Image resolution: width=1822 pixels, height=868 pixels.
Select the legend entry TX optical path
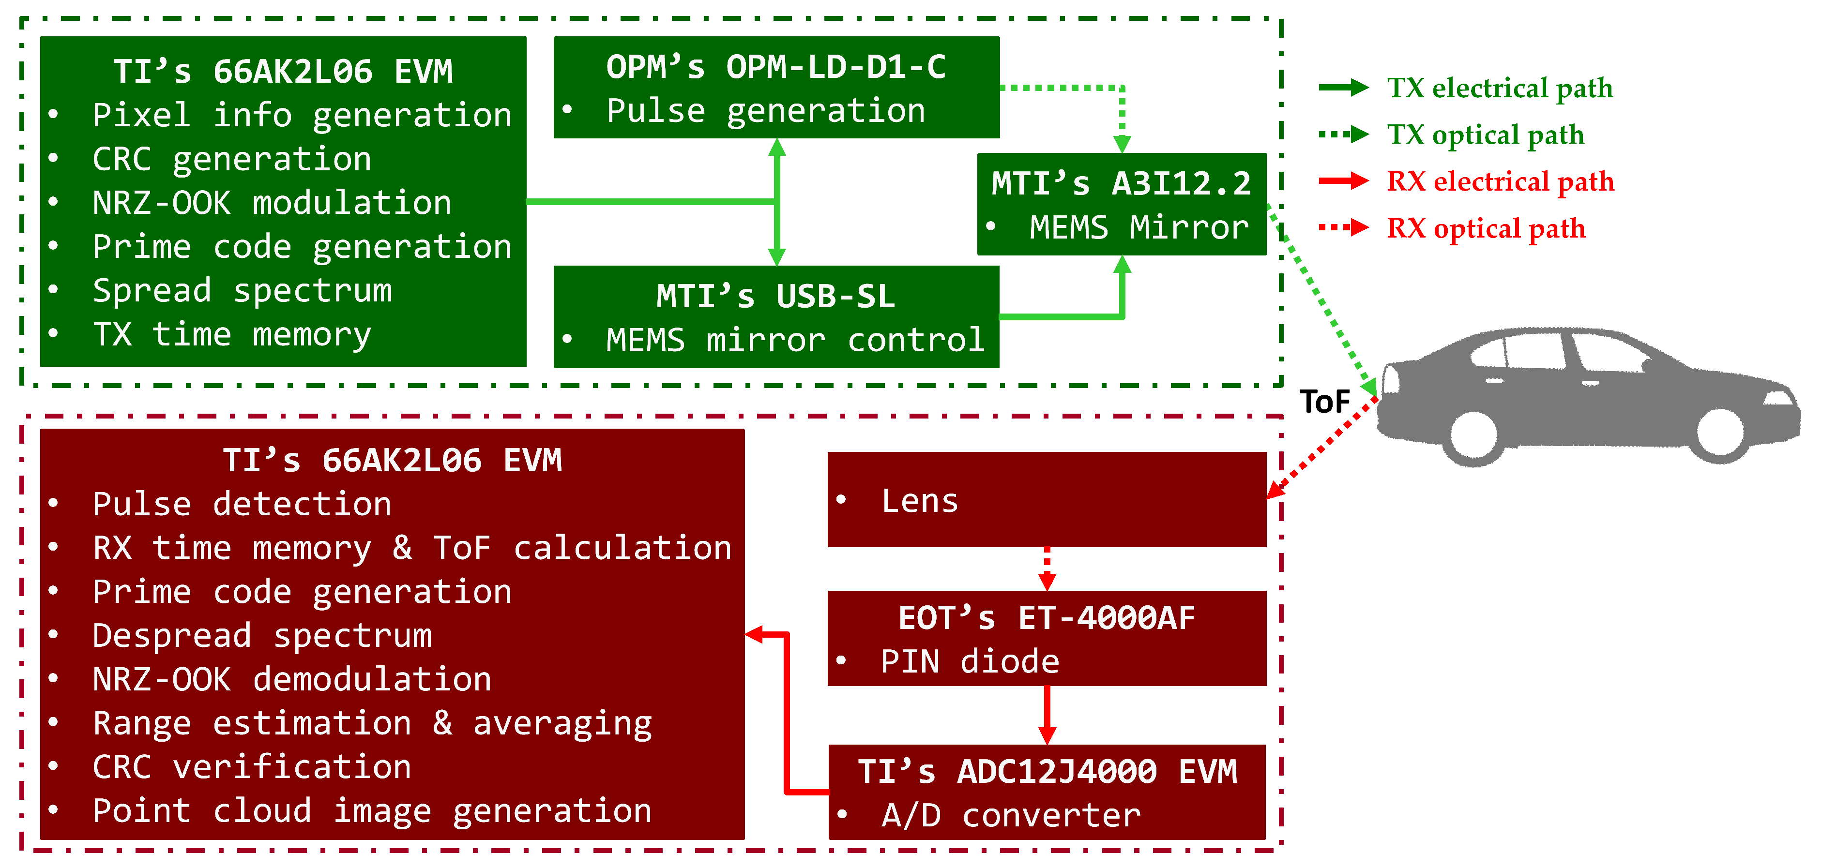(1485, 135)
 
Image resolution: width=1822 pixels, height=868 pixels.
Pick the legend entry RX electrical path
(1500, 181)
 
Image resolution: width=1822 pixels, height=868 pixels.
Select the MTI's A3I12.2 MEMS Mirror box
(1121, 204)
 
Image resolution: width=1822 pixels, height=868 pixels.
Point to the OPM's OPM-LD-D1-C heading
(776, 68)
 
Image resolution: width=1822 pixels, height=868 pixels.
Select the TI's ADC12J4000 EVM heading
(1047, 772)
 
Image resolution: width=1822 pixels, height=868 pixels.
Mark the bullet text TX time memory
(232, 335)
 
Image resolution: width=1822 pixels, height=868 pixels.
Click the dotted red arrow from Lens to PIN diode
(1047, 568)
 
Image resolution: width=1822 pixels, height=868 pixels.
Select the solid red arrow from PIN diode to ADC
(1047, 714)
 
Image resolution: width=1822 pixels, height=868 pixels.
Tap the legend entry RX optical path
(1485, 228)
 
